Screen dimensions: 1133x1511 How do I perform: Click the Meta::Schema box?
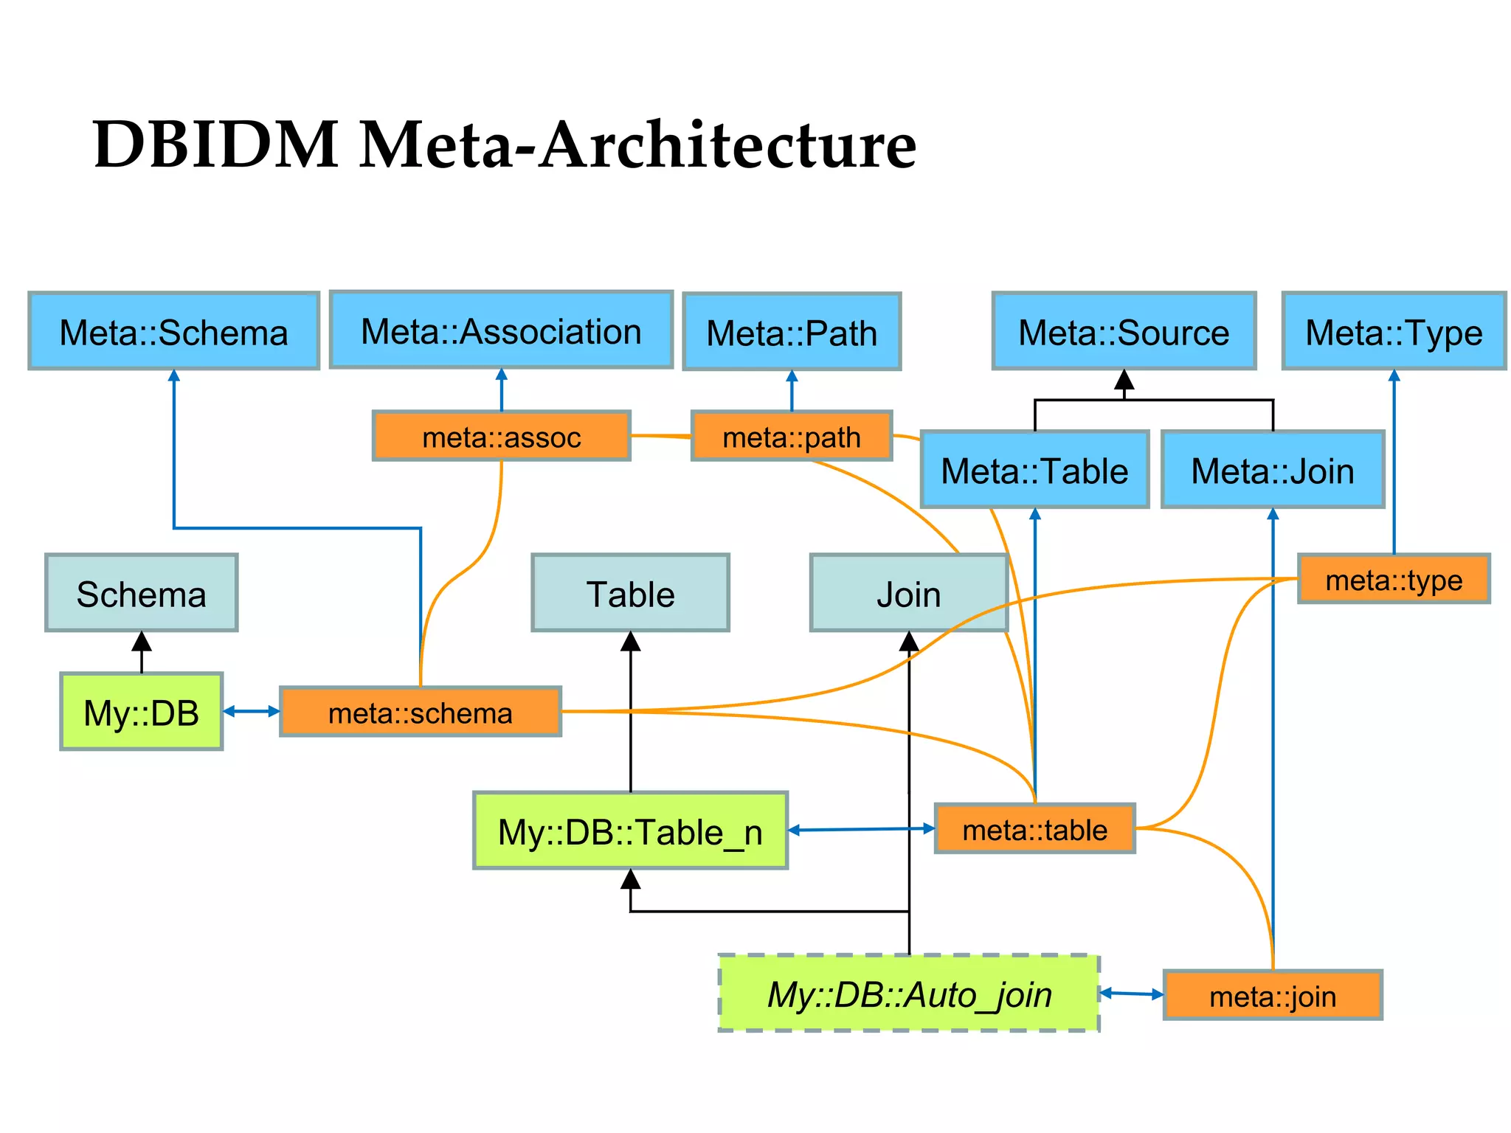173,331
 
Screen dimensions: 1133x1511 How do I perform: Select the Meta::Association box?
501,330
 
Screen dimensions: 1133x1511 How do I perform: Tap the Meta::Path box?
792,332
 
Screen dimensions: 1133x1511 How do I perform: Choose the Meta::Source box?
1124,331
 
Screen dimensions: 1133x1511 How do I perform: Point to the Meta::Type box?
1394,331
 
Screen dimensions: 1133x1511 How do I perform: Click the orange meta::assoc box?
502,437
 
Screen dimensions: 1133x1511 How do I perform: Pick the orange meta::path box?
792,437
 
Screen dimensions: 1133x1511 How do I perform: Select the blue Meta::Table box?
1034,470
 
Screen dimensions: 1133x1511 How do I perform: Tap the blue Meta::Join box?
1273,470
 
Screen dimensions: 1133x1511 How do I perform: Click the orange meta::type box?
1394,580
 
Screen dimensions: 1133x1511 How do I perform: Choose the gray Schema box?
141,593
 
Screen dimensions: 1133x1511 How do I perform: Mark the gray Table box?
630,593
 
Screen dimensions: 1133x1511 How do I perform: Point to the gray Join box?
908,593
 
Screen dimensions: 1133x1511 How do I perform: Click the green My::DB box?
141,712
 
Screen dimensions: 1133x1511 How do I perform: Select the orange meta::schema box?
421,713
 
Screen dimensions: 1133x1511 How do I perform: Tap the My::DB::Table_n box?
630,831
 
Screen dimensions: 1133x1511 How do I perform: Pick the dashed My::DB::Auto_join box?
909,994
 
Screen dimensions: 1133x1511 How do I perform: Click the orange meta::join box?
1273,996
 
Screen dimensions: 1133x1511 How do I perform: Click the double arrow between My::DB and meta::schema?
252,711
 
